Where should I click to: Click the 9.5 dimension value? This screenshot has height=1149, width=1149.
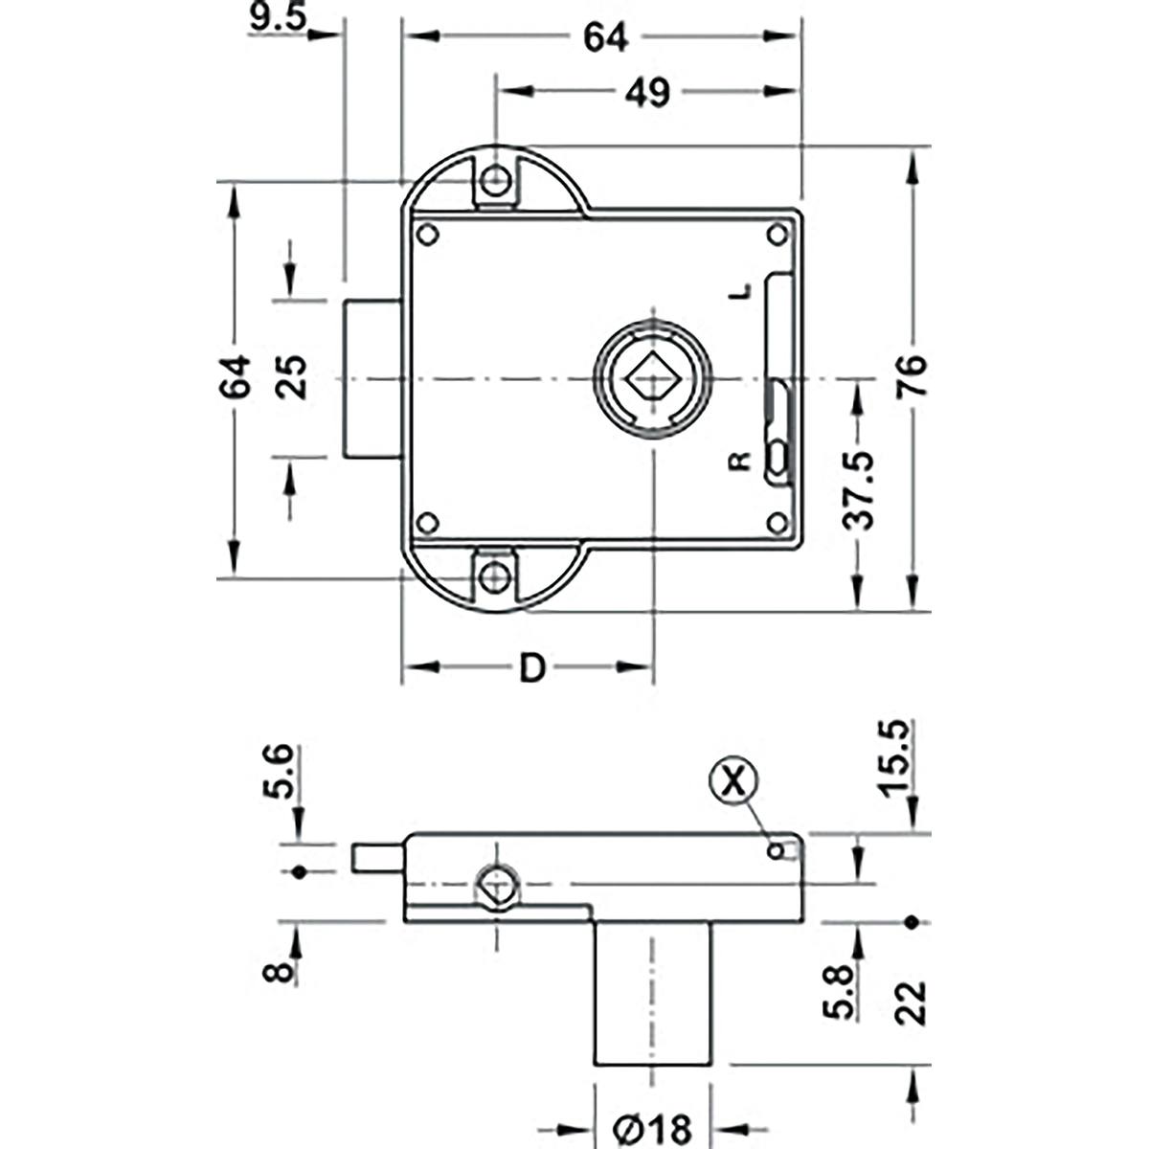pos(276,19)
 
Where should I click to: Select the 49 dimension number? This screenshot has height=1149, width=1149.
pos(648,93)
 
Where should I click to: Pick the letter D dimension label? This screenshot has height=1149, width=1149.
pos(531,668)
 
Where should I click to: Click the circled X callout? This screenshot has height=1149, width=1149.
pos(732,781)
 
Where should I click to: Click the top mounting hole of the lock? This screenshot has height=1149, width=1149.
pos(494,180)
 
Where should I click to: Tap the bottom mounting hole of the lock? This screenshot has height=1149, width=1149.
pos(494,576)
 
